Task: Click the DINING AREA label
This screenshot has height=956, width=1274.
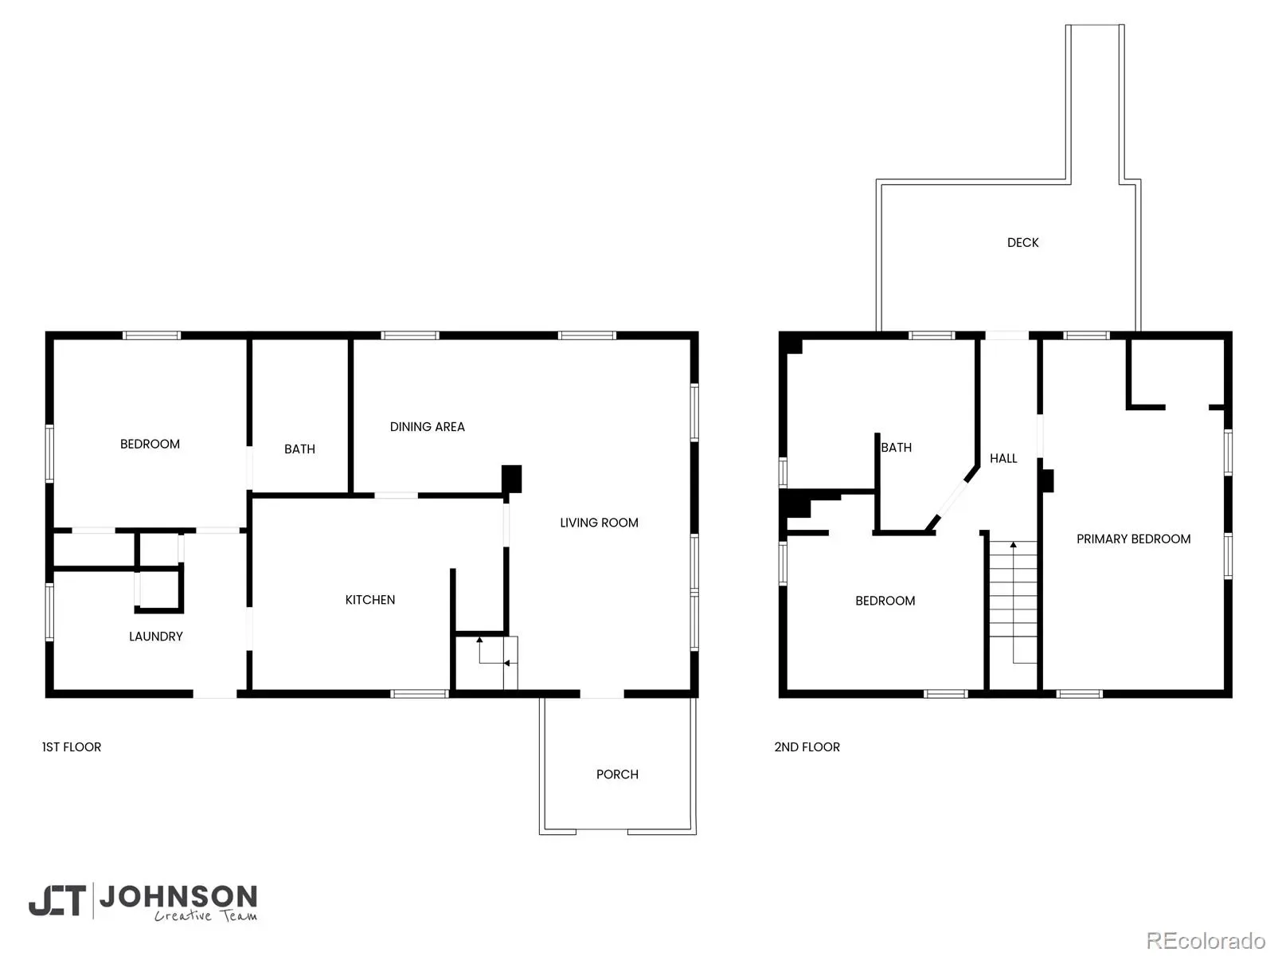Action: click(x=427, y=427)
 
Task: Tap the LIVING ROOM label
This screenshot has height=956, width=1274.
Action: click(x=599, y=523)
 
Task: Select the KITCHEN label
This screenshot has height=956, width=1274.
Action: click(x=369, y=600)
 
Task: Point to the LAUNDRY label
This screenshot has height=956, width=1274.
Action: click(x=155, y=637)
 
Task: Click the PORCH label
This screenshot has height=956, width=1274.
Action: click(x=617, y=774)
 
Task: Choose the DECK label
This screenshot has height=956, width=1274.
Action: click(x=1022, y=243)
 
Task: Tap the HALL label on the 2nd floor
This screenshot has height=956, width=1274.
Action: click(x=1003, y=459)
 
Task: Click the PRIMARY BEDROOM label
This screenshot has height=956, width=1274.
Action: click(x=1133, y=539)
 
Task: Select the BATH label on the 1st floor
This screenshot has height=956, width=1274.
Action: click(x=299, y=449)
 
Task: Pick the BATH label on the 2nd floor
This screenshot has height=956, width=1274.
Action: click(x=896, y=448)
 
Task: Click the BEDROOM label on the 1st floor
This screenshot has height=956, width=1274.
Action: click(x=150, y=444)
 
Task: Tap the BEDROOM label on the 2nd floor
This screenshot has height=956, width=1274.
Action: click(x=885, y=601)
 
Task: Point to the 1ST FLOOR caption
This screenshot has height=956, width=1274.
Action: click(x=72, y=747)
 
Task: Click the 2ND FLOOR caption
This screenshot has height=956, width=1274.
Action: click(x=807, y=747)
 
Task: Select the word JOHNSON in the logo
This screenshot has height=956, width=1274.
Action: click(x=179, y=897)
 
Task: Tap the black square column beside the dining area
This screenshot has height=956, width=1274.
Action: click(x=511, y=479)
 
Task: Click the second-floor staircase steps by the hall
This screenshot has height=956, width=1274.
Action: click(x=1013, y=590)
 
